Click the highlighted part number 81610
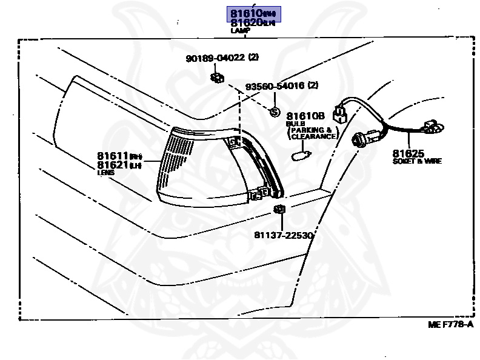point(244,13)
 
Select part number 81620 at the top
point(244,22)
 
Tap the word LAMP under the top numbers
point(240,30)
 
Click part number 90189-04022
point(215,58)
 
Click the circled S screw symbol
point(273,112)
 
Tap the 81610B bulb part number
point(306,116)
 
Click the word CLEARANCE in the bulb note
point(313,137)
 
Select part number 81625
point(408,154)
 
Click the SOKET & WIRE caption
point(416,162)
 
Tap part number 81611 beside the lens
point(113,156)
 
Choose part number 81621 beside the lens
point(113,165)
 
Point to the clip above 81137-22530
point(279,210)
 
